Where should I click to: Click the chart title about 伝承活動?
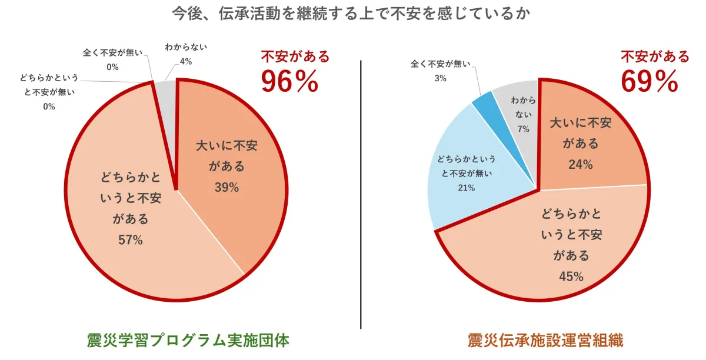point(352,14)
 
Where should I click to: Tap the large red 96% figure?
point(289,82)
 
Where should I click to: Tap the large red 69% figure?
point(650,82)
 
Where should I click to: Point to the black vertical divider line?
point(360,194)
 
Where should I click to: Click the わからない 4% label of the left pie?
point(185,53)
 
